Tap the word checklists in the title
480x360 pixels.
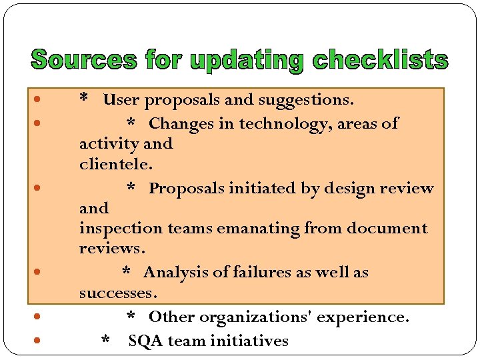point(381,60)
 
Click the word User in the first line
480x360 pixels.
point(121,101)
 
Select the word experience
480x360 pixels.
point(363,317)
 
